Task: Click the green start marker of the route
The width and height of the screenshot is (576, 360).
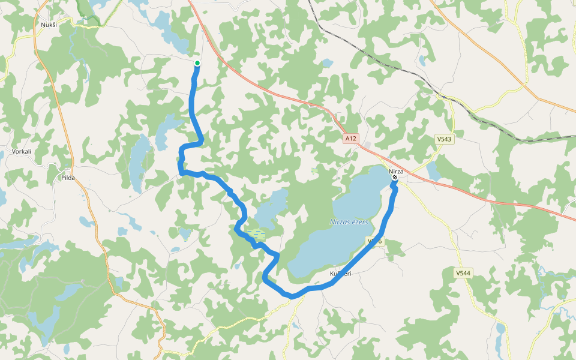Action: [x=197, y=63]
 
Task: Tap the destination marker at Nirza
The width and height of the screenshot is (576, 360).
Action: [x=395, y=178]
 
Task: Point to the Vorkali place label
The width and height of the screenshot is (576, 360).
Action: [x=22, y=152]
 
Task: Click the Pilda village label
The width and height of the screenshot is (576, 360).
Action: [x=68, y=178]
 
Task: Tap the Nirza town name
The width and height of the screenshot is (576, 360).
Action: [x=396, y=171]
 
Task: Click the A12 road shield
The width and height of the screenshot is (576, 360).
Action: [x=351, y=139]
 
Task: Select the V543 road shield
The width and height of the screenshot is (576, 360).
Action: [x=444, y=139]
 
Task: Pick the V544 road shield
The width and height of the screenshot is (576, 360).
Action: [x=463, y=274]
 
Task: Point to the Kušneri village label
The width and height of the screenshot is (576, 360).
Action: [x=341, y=274]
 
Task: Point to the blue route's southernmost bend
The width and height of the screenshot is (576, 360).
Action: [x=292, y=296]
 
